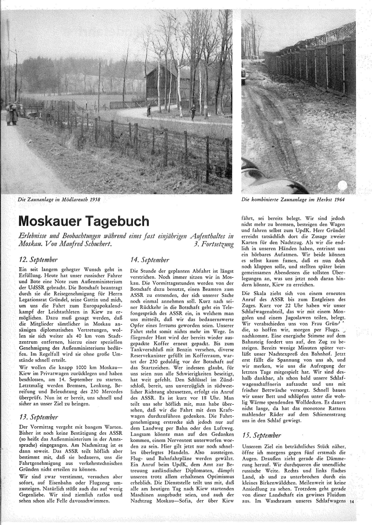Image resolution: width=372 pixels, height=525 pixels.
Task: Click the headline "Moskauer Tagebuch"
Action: (83, 221)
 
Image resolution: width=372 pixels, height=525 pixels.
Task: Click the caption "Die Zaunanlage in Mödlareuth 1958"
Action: (59, 199)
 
